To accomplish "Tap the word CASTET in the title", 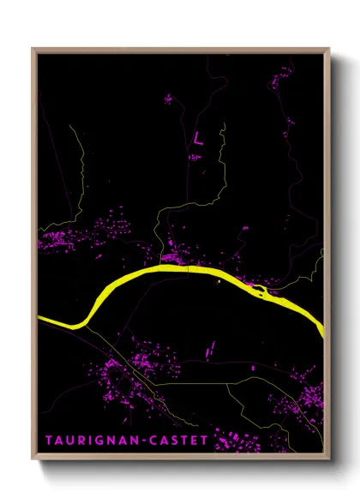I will [x=179, y=439].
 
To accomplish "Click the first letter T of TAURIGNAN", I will [x=50, y=439].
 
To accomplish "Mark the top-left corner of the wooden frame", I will [x=33, y=49].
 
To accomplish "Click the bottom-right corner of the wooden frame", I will [x=329, y=461].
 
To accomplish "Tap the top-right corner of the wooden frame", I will [x=329, y=49].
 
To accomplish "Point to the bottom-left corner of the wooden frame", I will [x=33, y=461].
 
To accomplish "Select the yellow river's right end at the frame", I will [x=321, y=327].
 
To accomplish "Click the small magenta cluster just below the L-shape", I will [x=196, y=157].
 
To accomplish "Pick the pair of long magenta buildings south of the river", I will [x=210, y=348].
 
